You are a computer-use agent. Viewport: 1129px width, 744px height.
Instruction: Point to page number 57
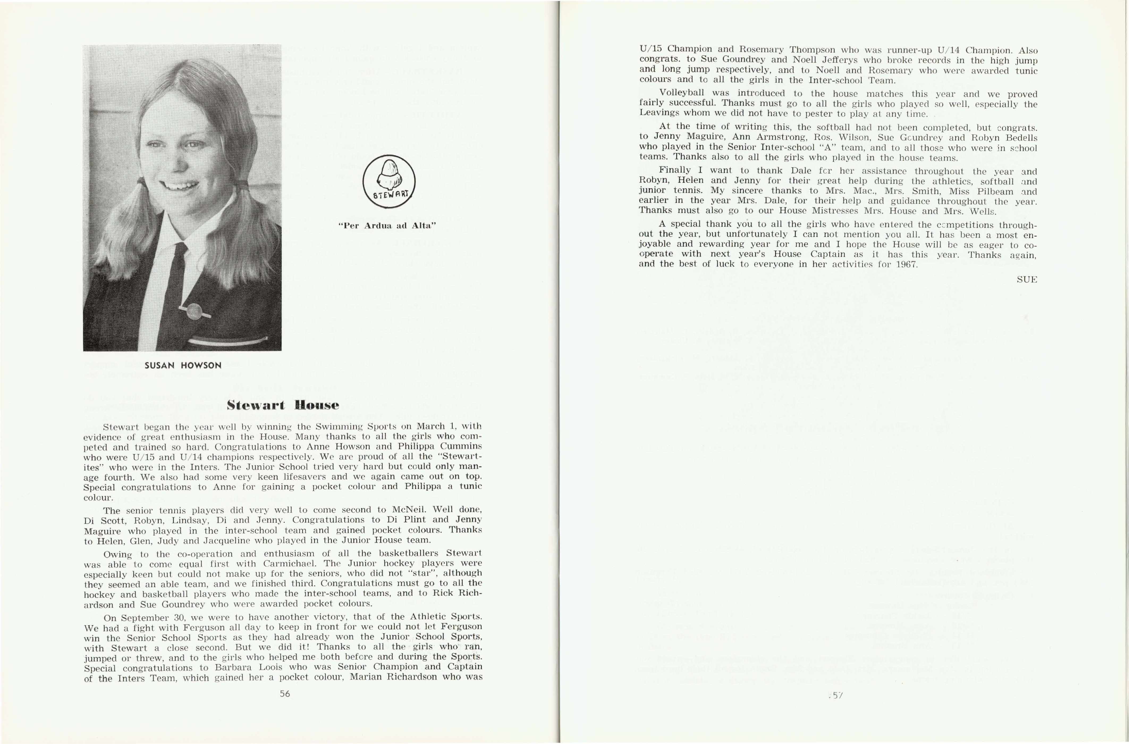pos(836,696)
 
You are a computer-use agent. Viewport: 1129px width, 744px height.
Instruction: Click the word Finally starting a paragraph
pos(675,170)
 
